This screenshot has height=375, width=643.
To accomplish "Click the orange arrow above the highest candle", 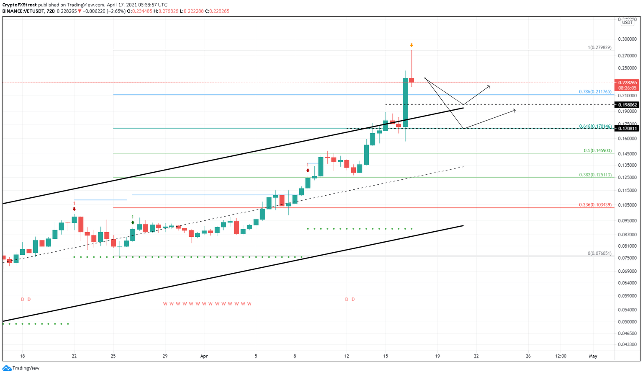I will tap(412, 45).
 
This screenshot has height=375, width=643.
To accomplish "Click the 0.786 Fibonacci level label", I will tap(595, 91).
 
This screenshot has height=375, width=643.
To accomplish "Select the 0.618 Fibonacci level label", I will tap(595, 126).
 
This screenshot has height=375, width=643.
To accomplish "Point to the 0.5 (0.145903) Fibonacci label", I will tap(597, 150).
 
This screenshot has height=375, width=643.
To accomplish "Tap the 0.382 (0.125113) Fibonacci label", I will tap(595, 175).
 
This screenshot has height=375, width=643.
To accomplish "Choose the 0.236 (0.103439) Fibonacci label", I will tap(595, 205).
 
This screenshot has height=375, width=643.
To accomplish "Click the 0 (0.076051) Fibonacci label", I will tap(599, 253).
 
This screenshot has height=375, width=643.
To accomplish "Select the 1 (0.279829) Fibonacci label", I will tap(599, 47).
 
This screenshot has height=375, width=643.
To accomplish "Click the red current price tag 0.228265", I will tap(626, 83).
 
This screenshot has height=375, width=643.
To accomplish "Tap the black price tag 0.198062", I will tap(626, 105).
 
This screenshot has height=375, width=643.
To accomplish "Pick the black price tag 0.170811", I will tap(626, 129).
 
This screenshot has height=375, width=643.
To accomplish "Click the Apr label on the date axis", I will tap(204, 356).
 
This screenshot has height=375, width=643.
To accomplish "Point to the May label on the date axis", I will tap(593, 356).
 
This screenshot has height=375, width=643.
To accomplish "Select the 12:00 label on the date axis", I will tap(561, 356).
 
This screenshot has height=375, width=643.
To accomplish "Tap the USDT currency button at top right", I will tap(627, 23).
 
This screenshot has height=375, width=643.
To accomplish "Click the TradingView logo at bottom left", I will tap(21, 368).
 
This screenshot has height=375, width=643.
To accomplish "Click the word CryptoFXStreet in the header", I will tap(19, 5).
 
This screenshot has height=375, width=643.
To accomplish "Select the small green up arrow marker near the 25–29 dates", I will tap(133, 222).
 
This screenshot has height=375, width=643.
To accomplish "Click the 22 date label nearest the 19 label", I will tap(476, 356).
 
